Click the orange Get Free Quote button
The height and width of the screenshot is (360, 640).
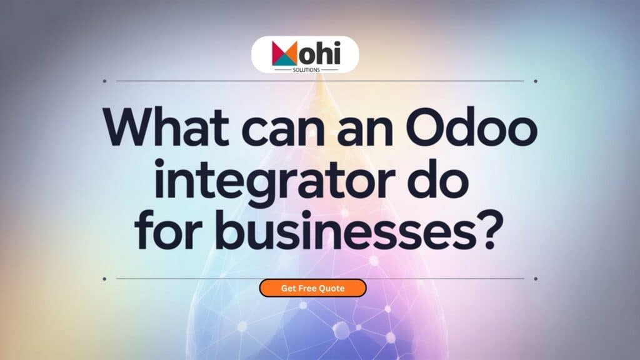pos(312,288)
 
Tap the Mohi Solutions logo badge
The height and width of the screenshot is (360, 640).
pos(305,55)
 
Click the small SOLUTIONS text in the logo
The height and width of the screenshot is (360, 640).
pos(306,69)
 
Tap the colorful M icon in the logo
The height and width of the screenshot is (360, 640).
pos(284,54)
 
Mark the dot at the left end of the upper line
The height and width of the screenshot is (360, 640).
pos(104,81)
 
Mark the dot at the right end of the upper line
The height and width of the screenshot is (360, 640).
pos(536,81)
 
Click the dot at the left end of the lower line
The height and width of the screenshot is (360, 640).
pos(104,279)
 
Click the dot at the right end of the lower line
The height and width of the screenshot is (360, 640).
pos(536,279)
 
